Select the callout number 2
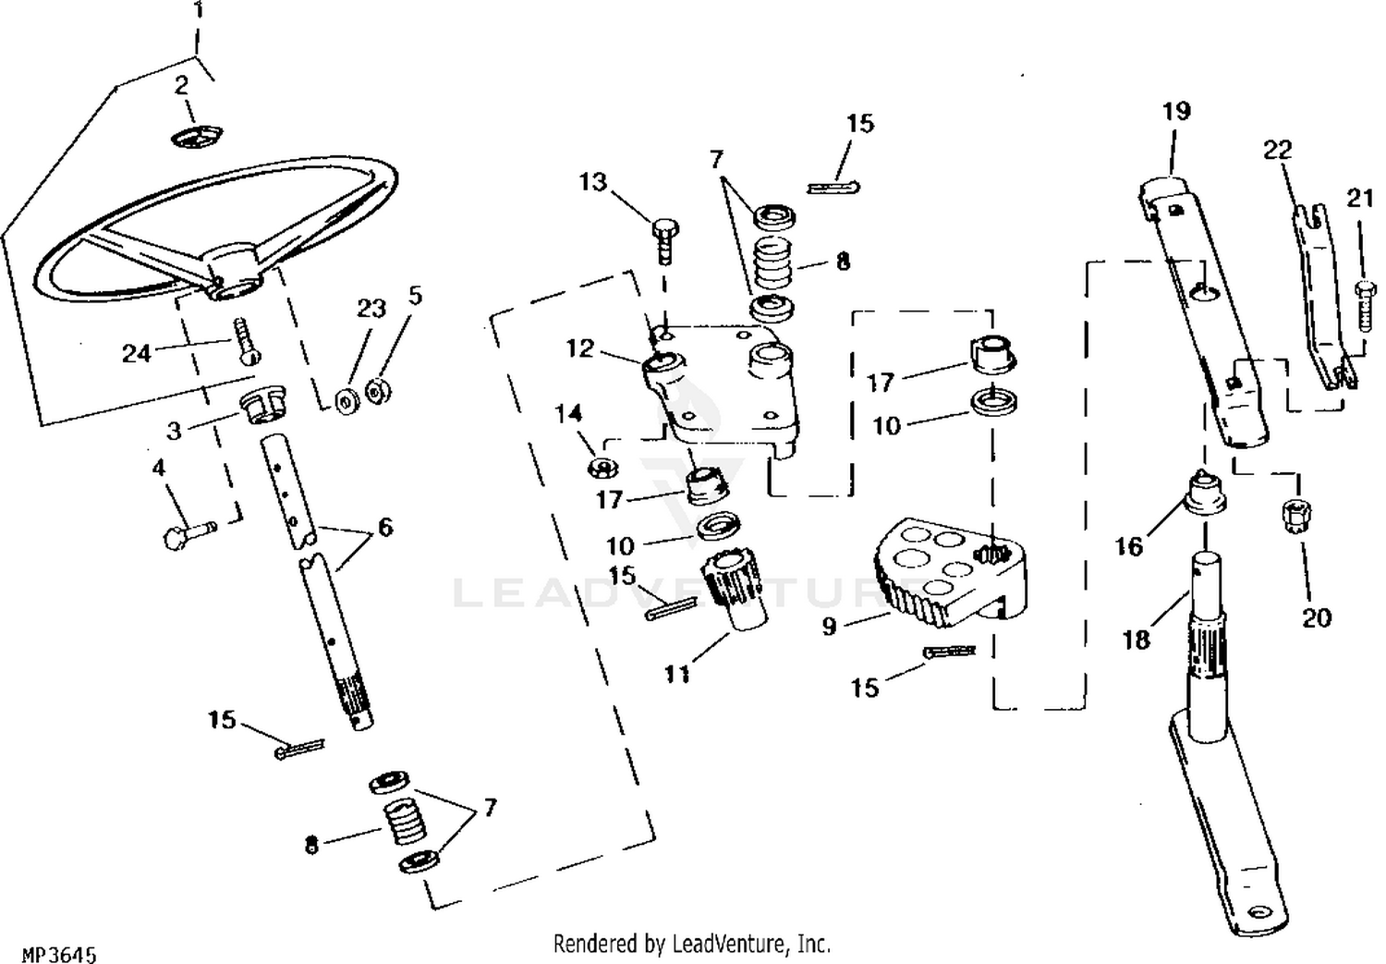pos(182,86)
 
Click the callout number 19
pos(1176,112)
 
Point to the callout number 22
pos(1278,150)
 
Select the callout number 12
pos(580,348)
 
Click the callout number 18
pos(1136,639)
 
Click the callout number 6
pos(384,527)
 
